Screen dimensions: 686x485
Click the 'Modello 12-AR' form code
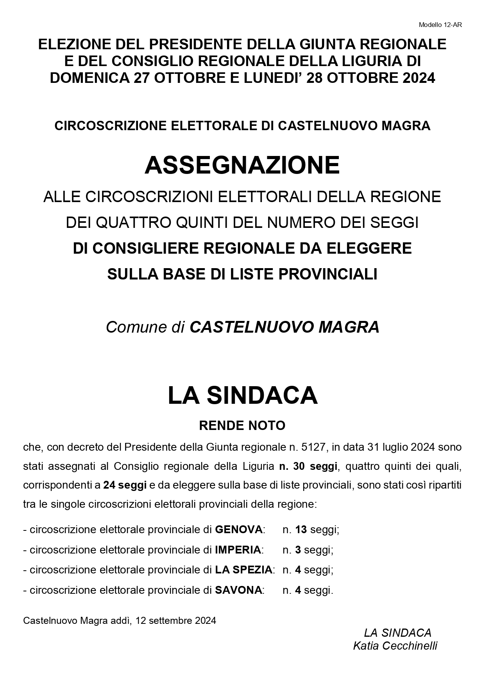click(x=440, y=25)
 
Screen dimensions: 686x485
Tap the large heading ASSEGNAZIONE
click(x=242, y=165)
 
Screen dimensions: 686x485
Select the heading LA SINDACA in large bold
click(x=242, y=395)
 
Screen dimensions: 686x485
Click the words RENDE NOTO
click(x=242, y=425)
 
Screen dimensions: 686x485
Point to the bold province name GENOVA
click(x=238, y=530)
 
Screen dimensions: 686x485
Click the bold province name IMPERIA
click(x=238, y=550)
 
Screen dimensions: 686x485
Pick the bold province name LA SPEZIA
click(x=243, y=570)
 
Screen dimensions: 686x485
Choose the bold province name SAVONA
click(x=238, y=590)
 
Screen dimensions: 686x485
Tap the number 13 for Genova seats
click(x=301, y=530)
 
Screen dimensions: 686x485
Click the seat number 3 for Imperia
click(x=298, y=550)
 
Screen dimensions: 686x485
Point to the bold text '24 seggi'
click(x=125, y=485)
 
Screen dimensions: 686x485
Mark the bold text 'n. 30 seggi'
click(x=308, y=466)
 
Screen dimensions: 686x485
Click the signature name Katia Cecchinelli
click(x=395, y=646)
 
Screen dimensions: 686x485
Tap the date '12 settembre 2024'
click(x=175, y=620)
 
